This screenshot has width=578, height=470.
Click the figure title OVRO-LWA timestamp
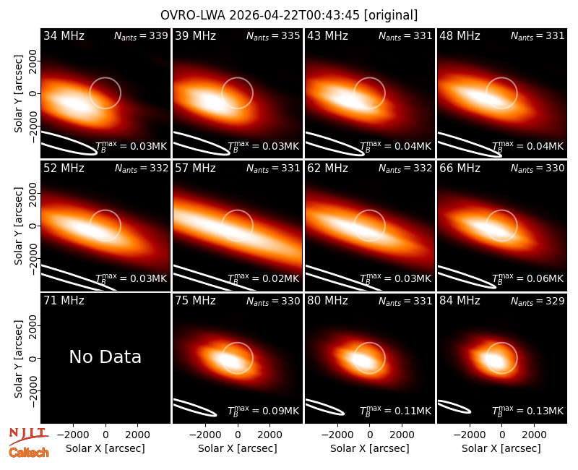pyautogui.click(x=289, y=15)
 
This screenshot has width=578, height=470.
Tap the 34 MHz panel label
pyautogui.click(x=64, y=35)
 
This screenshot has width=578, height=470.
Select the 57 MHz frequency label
pyautogui.click(x=195, y=168)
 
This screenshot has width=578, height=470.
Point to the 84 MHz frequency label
pyautogui.click(x=460, y=301)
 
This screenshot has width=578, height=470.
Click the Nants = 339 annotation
pyautogui.click(x=141, y=35)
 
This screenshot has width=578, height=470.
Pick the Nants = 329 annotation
pyautogui.click(x=538, y=301)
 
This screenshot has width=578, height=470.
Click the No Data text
pyautogui.click(x=105, y=356)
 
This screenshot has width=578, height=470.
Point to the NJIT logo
pyautogui.click(x=28, y=435)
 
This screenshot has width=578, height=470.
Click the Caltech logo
pyautogui.click(x=29, y=453)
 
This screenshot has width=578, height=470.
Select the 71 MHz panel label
pyautogui.click(x=64, y=301)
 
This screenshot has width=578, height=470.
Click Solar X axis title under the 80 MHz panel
pyautogui.click(x=370, y=448)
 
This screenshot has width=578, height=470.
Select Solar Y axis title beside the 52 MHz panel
pyautogui.click(x=18, y=226)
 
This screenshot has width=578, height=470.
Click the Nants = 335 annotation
pyautogui.click(x=273, y=35)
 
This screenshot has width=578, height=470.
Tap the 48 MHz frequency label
pyautogui.click(x=460, y=35)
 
